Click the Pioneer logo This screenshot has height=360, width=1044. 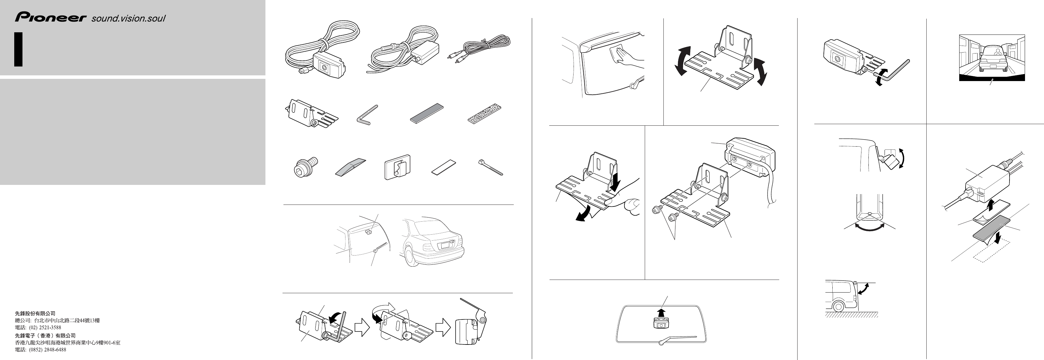[x=51, y=17]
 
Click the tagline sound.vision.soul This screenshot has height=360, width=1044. [x=128, y=18]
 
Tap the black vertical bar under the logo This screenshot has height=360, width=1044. [x=18, y=49]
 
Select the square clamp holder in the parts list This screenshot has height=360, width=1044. [x=397, y=167]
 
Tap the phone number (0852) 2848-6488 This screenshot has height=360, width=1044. [x=47, y=350]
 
